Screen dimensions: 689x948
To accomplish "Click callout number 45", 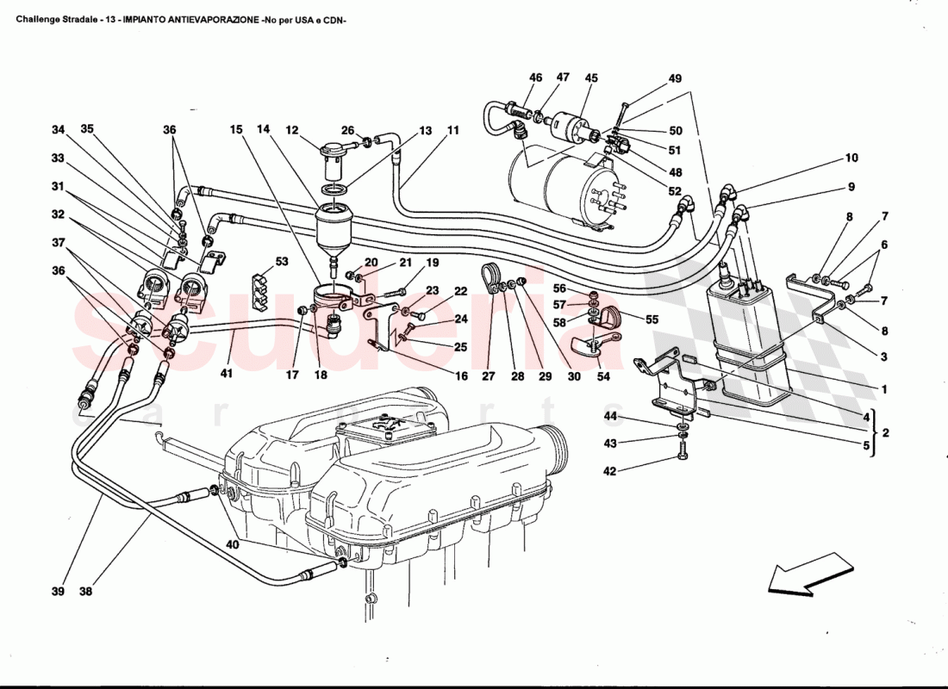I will tap(591, 78).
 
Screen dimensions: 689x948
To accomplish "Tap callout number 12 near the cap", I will tap(292, 130).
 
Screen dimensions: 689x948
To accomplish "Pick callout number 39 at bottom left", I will tap(58, 592).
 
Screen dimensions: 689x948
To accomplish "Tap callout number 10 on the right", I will tap(851, 158).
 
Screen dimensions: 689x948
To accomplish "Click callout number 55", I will tap(652, 320).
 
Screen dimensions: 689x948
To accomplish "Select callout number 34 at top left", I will tap(58, 130).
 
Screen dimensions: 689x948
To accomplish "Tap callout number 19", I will tap(433, 263).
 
